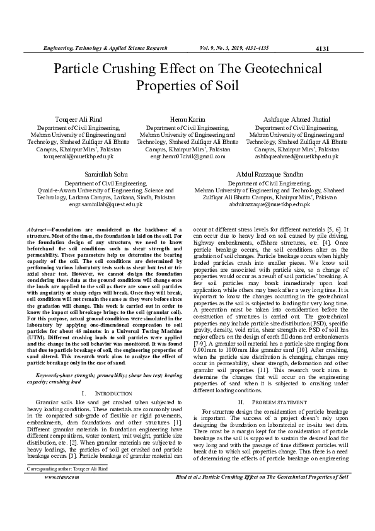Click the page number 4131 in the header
[322, 49]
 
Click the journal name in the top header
[105, 48]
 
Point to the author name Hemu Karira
[187, 119]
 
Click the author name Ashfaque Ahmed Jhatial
[296, 119]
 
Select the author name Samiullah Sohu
[106, 173]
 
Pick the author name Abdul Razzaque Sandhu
[269, 173]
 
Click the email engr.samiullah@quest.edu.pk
[106, 204]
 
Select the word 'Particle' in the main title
[82, 69]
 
